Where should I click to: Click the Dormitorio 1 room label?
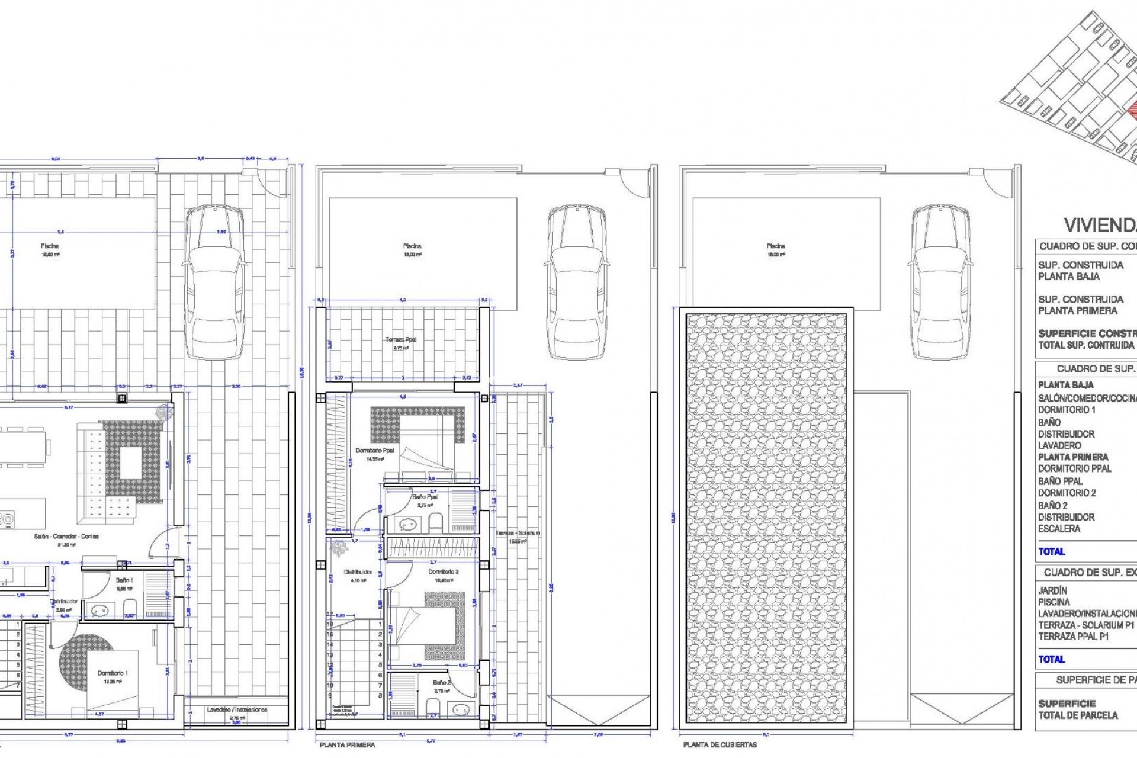(x=113, y=673)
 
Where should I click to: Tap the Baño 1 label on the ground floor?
(x=124, y=580)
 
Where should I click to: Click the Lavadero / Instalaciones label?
(x=237, y=709)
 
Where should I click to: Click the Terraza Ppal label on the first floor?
(x=401, y=339)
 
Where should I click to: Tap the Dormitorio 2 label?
(x=444, y=572)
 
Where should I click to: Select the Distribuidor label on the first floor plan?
(x=358, y=572)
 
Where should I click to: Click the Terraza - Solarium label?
(x=518, y=533)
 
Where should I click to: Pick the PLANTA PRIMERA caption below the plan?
(x=347, y=745)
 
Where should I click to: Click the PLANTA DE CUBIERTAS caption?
(x=720, y=745)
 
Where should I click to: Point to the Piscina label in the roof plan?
(x=776, y=246)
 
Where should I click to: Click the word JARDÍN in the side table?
(x=1052, y=590)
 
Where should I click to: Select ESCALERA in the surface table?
(x=1059, y=529)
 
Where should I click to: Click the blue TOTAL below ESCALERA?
(x=1051, y=551)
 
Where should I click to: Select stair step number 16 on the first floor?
(x=330, y=634)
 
